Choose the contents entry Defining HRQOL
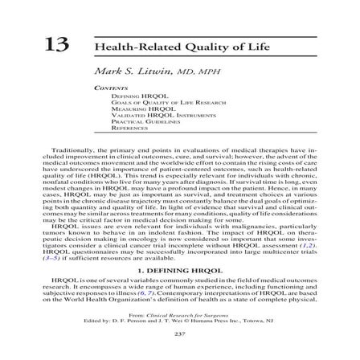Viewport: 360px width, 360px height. coord(131,95)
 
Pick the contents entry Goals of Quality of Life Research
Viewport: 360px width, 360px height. coord(153,100)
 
